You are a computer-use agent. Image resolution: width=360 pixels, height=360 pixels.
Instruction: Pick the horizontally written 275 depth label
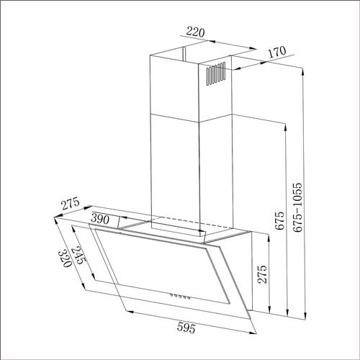[70, 204]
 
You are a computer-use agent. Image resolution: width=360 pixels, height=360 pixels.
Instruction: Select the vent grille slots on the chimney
[217, 75]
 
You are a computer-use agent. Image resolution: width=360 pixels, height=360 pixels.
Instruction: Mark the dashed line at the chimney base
[194, 220]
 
